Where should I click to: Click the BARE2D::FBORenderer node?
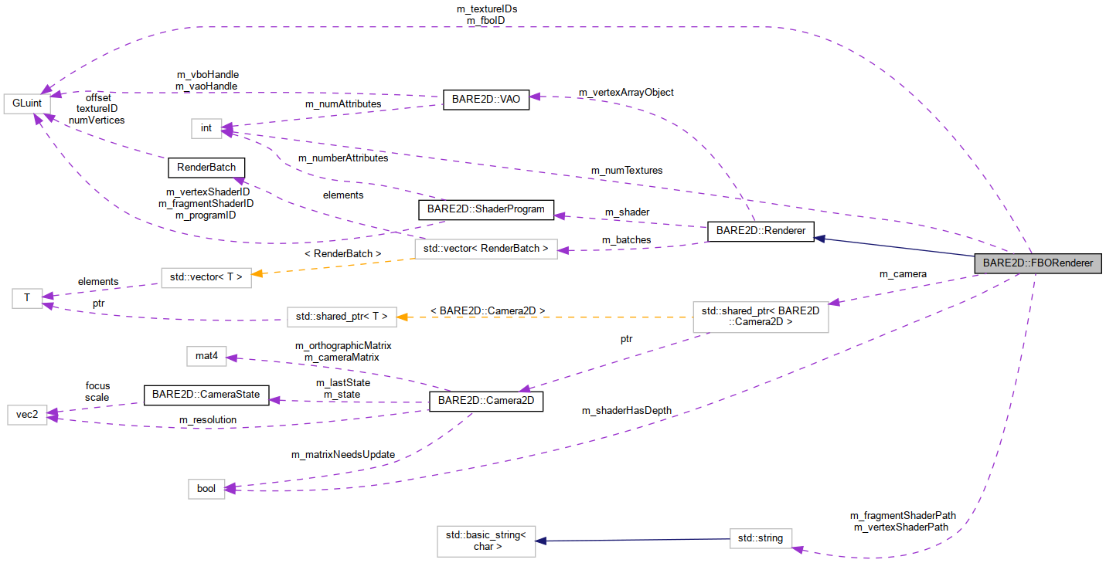1037,263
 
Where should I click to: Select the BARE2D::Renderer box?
761,230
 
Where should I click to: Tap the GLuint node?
27,103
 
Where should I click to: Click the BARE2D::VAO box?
485,100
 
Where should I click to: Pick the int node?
206,127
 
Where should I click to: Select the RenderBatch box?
206,167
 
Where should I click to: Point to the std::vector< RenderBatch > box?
485,248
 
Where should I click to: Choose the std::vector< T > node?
206,276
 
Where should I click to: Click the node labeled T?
27,297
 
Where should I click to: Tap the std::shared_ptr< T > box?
342,316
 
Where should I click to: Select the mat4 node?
206,356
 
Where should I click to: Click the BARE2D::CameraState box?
206,394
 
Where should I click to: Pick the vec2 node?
27,415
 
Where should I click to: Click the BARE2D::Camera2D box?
485,401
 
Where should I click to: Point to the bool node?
206,488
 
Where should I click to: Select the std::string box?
761,538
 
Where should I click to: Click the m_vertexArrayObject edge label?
626,92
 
